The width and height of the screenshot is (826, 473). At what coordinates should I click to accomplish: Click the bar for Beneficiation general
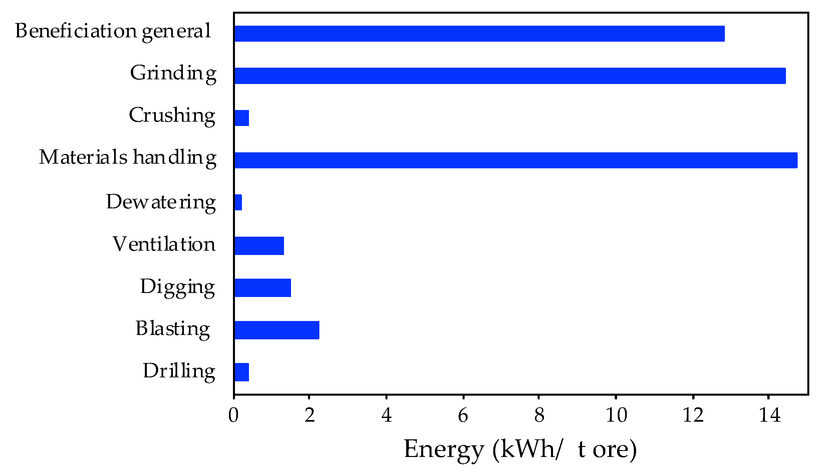[479, 34]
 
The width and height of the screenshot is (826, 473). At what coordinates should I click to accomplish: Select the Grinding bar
[510, 76]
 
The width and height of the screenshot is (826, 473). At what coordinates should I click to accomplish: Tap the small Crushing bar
[242, 118]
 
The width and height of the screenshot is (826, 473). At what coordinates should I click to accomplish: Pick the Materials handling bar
[516, 160]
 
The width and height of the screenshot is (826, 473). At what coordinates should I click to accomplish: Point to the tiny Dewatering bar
[238, 202]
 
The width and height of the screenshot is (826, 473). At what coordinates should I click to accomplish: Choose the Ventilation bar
[259, 246]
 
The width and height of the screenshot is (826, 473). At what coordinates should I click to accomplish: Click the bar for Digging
[263, 288]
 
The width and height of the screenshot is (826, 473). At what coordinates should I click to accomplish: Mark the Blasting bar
[277, 330]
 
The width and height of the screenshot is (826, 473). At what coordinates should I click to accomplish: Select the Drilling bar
[242, 372]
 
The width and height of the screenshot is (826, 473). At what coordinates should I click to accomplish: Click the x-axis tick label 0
[233, 415]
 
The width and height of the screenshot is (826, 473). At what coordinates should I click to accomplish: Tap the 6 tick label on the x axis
[463, 415]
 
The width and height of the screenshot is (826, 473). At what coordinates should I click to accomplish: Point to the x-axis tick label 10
[616, 415]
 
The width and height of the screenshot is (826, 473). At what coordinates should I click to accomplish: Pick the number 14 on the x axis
[769, 415]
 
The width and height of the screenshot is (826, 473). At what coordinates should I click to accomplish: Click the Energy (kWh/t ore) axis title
[520, 450]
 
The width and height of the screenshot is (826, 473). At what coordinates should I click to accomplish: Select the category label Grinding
[173, 74]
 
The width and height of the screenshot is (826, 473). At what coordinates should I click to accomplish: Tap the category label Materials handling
[128, 158]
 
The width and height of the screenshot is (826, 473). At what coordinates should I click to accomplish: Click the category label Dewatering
[161, 202]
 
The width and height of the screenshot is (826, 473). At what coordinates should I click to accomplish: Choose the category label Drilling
[179, 371]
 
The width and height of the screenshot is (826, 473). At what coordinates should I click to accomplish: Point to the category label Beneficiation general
[113, 32]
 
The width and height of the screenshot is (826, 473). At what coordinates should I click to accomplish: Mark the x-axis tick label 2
[310, 415]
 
